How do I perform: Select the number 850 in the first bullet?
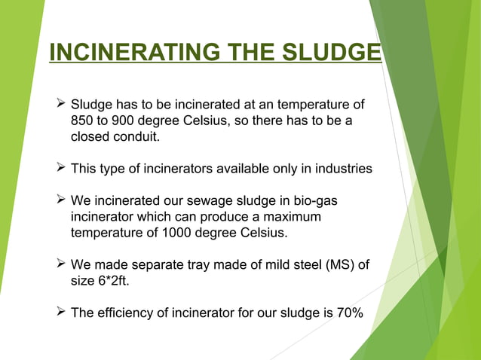coord(82,121)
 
